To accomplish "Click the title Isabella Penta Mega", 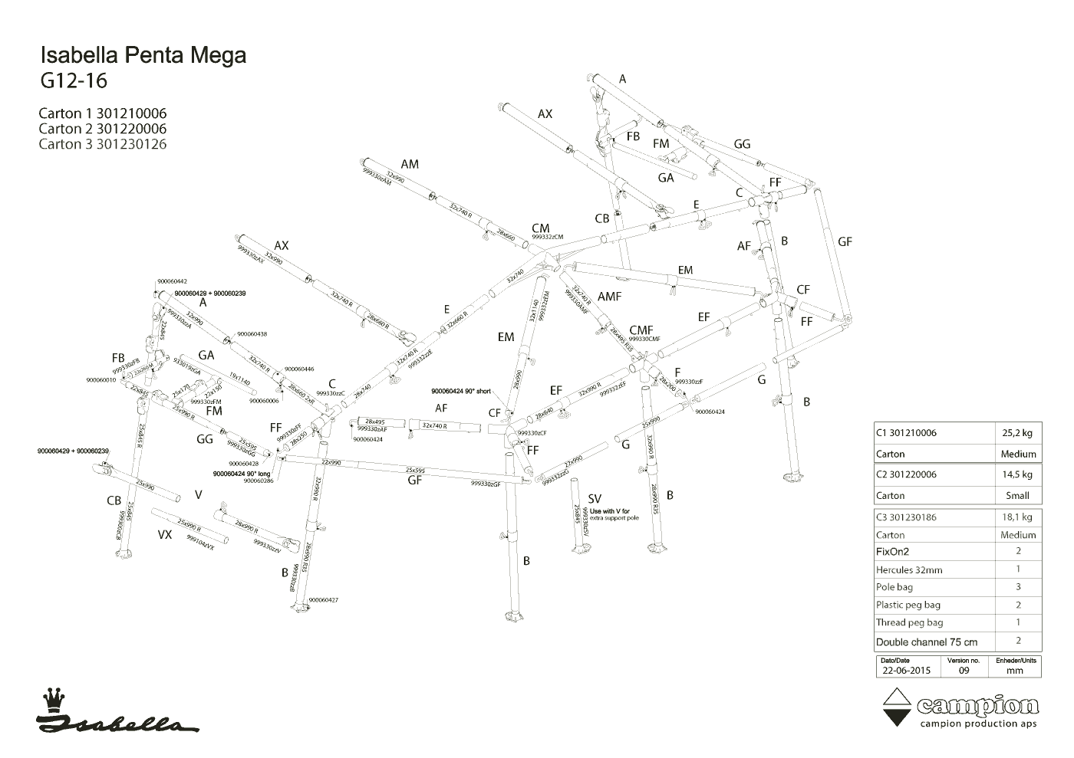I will pos(143,56).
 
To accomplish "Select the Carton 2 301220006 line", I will pos(102,129).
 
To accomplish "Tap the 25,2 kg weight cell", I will pos(1018,433).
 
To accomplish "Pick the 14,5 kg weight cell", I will pos(1018,474).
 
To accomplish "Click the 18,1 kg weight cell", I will pos(1018,517).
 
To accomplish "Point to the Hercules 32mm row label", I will pos(909,570).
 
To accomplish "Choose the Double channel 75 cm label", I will pos(927,642).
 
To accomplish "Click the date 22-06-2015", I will pos(906,670).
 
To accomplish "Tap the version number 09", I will pos(964,670).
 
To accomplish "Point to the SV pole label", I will pos(594,500).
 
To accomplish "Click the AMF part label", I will pos(609,297).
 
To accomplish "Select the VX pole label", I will pos(165,535).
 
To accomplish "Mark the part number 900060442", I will pos(172,281).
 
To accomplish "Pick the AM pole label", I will pos(410,164).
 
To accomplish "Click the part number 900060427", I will pos(323,600).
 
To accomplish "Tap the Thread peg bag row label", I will pos(910,622).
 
